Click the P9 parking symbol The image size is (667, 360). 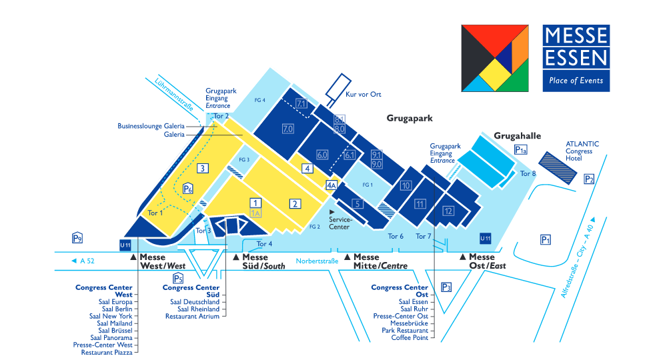tap(77, 238)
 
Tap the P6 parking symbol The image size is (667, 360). tap(187, 188)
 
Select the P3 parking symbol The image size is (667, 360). tap(446, 287)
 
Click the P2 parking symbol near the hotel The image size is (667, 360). tap(589, 179)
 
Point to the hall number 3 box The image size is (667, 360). tap(203, 168)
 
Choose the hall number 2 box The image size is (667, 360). tap(295, 203)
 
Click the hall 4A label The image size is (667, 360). tap(331, 185)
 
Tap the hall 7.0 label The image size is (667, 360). tap(288, 129)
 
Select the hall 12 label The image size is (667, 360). tap(448, 211)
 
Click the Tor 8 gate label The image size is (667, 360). tap(528, 173)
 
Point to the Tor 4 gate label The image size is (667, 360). tap(264, 244)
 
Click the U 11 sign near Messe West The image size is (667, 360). tap(125, 245)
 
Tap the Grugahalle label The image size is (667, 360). tap(518, 136)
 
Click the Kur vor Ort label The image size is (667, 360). tap(364, 95)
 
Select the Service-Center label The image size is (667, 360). tap(340, 223)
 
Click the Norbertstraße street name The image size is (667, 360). tap(317, 261)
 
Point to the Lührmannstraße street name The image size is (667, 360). tap(174, 95)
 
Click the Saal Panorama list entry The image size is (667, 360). tap(111, 337)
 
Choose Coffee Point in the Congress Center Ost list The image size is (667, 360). tap(410, 337)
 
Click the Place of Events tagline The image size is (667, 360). tap(576, 80)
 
